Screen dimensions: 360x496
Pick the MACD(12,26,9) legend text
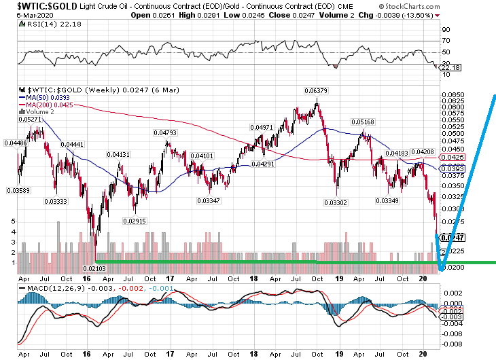pyautogui.click(x=50, y=289)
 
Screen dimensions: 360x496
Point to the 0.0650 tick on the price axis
pyautogui.click(x=452, y=95)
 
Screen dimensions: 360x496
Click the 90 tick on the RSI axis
pyautogui.click(x=445, y=31)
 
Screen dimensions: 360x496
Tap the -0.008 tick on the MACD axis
pyautogui.click(x=451, y=343)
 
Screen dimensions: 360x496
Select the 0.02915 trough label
pyautogui.click(x=135, y=221)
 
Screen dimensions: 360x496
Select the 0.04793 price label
pyautogui.click(x=164, y=132)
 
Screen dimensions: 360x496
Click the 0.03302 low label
pyautogui.click(x=335, y=202)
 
